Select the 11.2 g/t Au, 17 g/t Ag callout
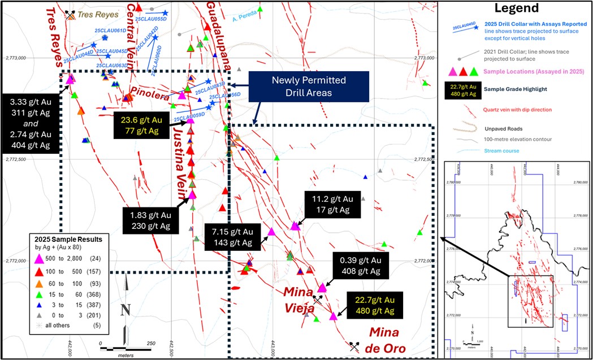[332, 205]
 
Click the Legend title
[516, 8]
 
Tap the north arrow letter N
[126, 309]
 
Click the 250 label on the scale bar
[150, 344]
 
